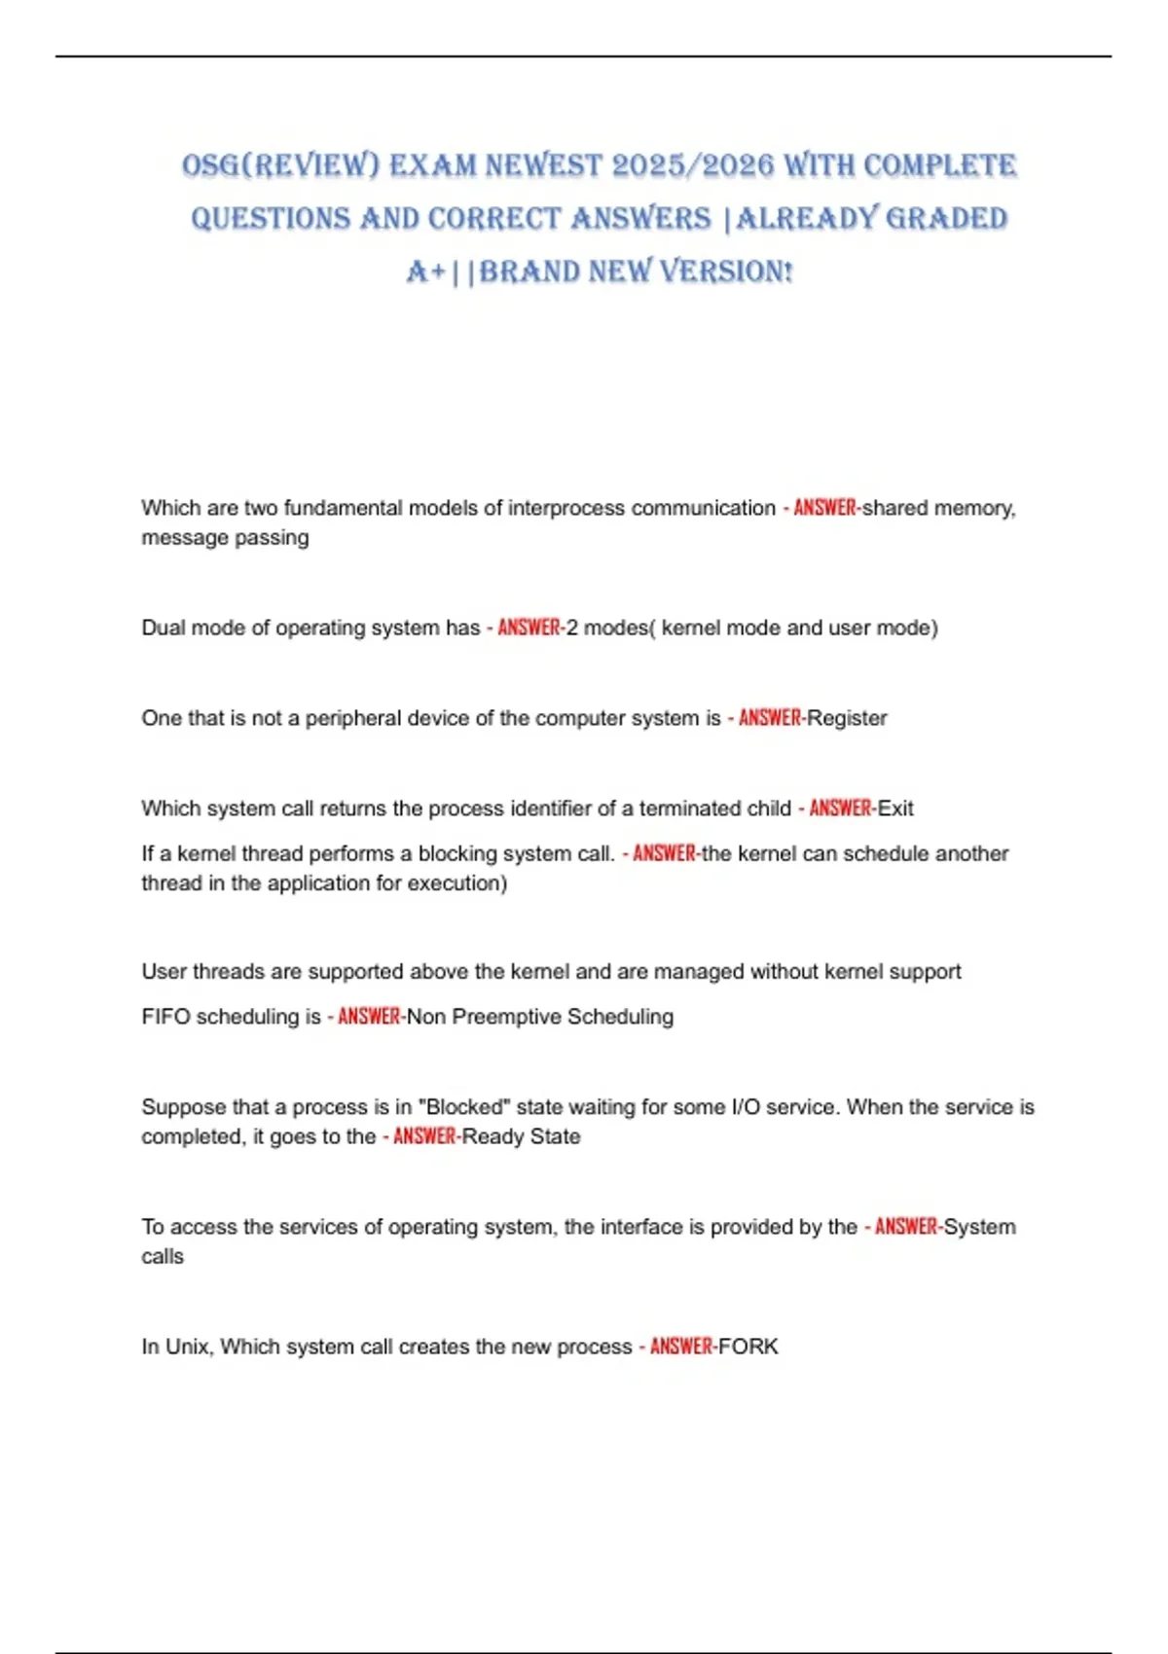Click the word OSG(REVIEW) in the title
click(x=280, y=165)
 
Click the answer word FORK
click(x=748, y=1347)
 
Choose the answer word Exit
click(x=895, y=809)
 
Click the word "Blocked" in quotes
click(x=464, y=1107)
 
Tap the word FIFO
click(x=165, y=1017)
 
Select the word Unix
click(x=187, y=1347)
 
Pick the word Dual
click(x=163, y=628)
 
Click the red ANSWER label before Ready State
click(x=424, y=1136)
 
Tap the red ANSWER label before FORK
click(x=681, y=1347)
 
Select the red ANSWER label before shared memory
click(x=825, y=508)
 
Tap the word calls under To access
click(x=163, y=1257)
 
